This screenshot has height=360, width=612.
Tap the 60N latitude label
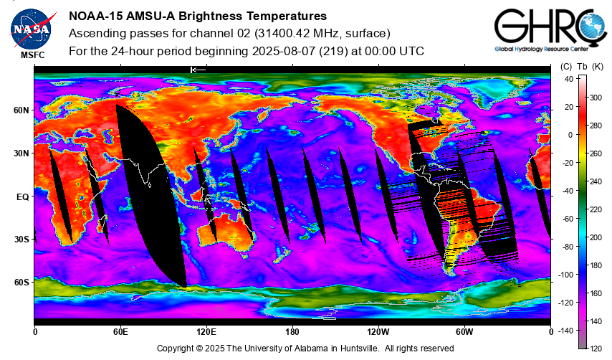pos(21,110)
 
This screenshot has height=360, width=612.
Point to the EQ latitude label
pos(23,197)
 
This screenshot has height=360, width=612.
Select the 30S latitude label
pos(21,240)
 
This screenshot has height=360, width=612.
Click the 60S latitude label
pos(21,283)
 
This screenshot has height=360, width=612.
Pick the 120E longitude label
pos(206,332)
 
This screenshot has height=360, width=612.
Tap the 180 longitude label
pos(292,332)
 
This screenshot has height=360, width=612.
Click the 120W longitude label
pos(378,332)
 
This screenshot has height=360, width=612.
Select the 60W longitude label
pos(464,332)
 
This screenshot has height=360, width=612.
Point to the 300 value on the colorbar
pos(596,98)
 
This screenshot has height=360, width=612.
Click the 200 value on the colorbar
pos(596,237)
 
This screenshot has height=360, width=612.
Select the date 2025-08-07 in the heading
pos(283,51)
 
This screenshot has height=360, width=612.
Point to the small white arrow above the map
pos(198,70)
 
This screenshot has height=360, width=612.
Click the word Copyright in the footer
pos(174,349)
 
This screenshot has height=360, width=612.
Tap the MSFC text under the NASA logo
pos(33,55)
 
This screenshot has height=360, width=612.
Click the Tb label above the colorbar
pos(582,67)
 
